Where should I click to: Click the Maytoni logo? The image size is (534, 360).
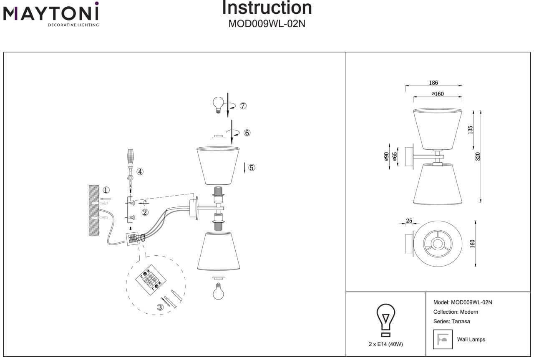click(51, 14)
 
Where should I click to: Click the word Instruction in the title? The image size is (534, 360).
click(267, 8)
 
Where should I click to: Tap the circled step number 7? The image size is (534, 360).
click(243, 106)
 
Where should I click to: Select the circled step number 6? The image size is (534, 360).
click(247, 133)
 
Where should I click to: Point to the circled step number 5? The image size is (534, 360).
click(251, 168)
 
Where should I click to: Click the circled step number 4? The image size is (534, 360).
click(140, 171)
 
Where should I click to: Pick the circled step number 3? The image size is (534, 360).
click(160, 307)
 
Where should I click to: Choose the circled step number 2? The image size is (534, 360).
click(145, 212)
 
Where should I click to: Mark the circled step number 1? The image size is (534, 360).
click(106, 190)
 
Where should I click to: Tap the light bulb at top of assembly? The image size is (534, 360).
click(218, 104)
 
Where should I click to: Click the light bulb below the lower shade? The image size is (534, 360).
click(218, 291)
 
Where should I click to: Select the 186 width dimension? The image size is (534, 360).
click(433, 83)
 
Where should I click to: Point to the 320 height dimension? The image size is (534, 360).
click(478, 156)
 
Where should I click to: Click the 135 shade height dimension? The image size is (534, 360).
click(470, 130)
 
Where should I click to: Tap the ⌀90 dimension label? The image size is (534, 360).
click(386, 156)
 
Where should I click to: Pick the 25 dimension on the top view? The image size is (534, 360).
click(409, 220)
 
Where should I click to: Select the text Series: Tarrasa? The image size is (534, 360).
click(452, 321)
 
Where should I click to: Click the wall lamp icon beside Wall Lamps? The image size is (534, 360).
click(443, 340)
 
